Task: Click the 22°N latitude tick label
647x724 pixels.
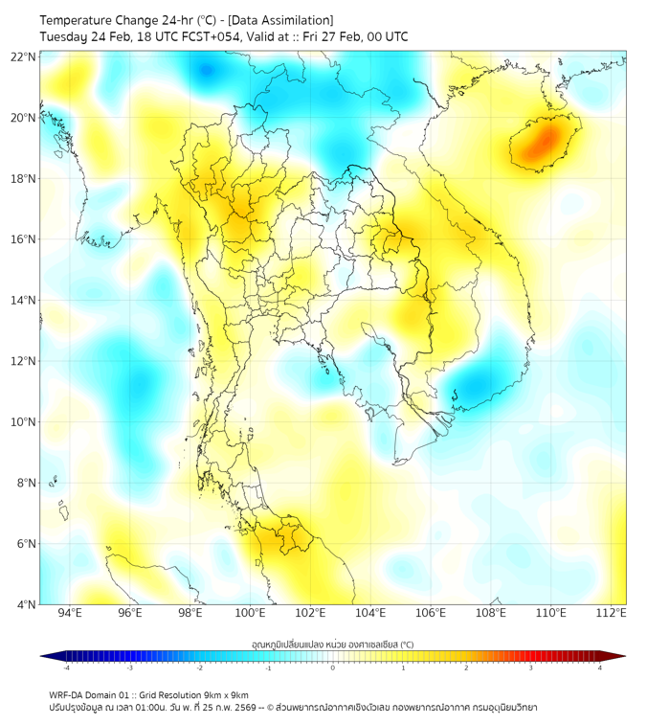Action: click(x=24, y=57)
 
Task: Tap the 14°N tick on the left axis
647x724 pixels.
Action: click(x=24, y=301)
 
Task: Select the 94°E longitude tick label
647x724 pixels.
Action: click(x=70, y=614)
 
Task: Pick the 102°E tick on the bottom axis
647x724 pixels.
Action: click(x=310, y=614)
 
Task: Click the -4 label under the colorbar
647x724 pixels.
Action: click(x=65, y=667)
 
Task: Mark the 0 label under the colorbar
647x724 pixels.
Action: click(x=333, y=667)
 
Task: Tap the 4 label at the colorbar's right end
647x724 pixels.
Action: click(x=600, y=667)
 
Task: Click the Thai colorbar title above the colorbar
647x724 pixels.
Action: click(x=332, y=644)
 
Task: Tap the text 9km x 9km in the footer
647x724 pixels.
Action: click(x=225, y=695)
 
